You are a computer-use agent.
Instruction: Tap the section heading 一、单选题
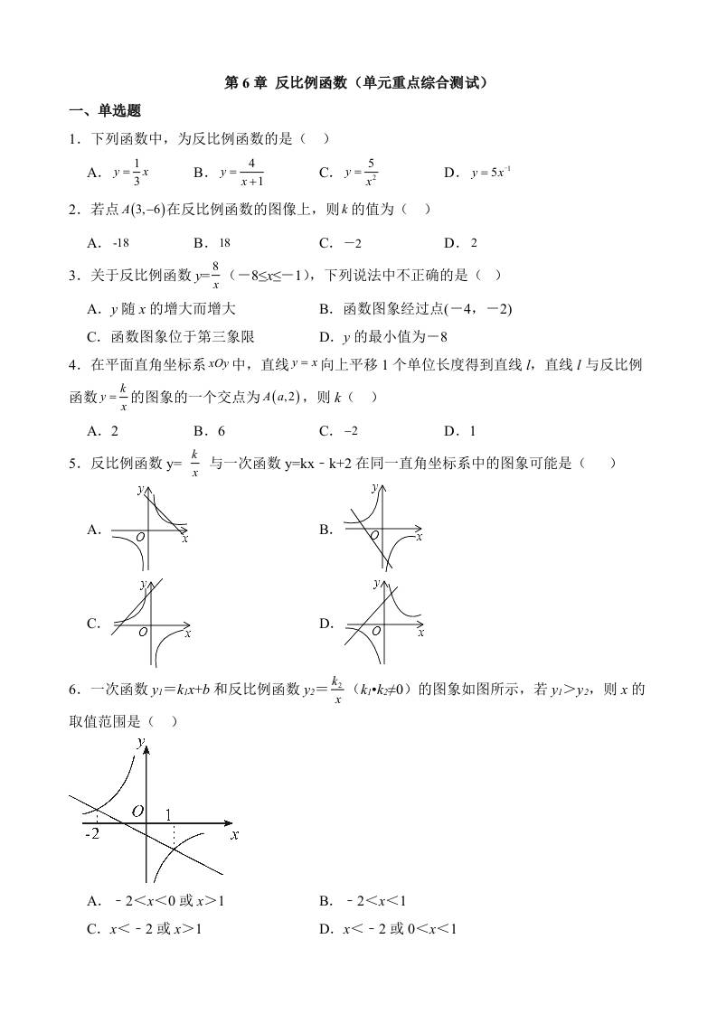tap(104, 111)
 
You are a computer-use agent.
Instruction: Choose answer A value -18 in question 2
tap(121, 242)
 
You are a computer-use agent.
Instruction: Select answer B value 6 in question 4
tap(220, 431)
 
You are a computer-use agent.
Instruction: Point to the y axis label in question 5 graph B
tap(374, 488)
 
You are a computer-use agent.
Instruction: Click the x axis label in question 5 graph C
tap(187, 634)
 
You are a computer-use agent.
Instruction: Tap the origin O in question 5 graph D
tap(375, 631)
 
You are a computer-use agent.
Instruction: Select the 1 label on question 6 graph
tap(169, 815)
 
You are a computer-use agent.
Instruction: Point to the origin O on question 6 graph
tap(137, 811)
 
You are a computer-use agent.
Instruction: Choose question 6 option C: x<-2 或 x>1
tap(144, 928)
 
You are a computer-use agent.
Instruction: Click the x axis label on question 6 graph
tap(234, 835)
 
